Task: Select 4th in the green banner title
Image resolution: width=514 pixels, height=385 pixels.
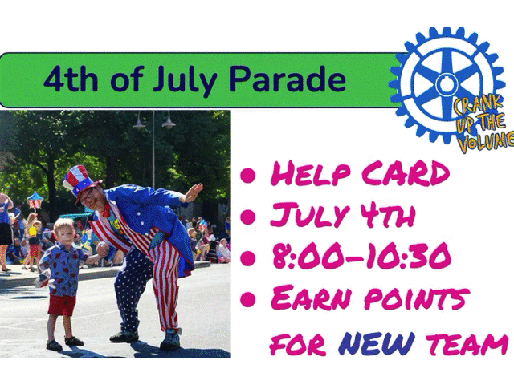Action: click(x=71, y=79)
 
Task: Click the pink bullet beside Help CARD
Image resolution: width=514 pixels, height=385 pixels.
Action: click(x=248, y=175)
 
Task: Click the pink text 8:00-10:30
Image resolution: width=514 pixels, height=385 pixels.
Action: click(x=361, y=257)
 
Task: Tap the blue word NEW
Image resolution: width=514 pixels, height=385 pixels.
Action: click(x=377, y=343)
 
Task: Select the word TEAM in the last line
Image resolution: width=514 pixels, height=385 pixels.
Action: click(x=468, y=344)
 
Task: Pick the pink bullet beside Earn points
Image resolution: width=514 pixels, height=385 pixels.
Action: click(x=248, y=298)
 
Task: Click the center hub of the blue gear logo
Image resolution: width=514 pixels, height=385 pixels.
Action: click(x=447, y=85)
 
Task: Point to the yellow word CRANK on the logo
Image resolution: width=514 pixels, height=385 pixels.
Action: click(x=478, y=106)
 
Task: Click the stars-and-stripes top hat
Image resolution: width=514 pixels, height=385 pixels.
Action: click(x=80, y=181)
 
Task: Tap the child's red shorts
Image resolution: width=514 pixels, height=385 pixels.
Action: click(x=62, y=305)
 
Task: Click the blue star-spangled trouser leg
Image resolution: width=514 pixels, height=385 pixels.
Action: click(x=131, y=288)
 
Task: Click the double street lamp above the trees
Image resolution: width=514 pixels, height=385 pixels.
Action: click(x=153, y=122)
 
